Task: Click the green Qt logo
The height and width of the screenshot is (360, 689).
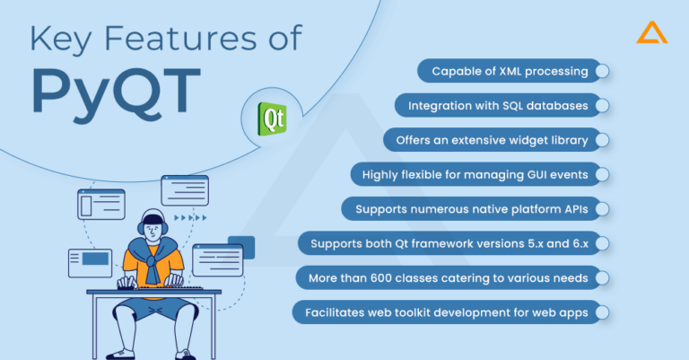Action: [x=272, y=119]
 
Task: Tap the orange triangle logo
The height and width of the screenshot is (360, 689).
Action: [x=652, y=33]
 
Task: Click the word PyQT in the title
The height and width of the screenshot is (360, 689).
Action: [x=117, y=92]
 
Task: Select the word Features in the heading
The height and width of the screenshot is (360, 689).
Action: [x=180, y=39]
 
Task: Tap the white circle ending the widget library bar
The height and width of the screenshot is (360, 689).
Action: [x=602, y=140]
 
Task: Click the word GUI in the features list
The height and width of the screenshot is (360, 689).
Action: [x=536, y=174]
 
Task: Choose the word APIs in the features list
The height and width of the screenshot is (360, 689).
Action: [x=574, y=209]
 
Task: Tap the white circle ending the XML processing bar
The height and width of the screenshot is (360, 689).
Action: [x=602, y=71]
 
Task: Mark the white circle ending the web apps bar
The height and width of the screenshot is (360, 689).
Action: [x=602, y=312]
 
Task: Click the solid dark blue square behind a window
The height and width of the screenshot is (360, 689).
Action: [x=241, y=247]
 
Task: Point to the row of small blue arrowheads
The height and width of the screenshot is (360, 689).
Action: [x=190, y=217]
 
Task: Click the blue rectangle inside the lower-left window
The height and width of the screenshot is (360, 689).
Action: [x=95, y=259]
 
